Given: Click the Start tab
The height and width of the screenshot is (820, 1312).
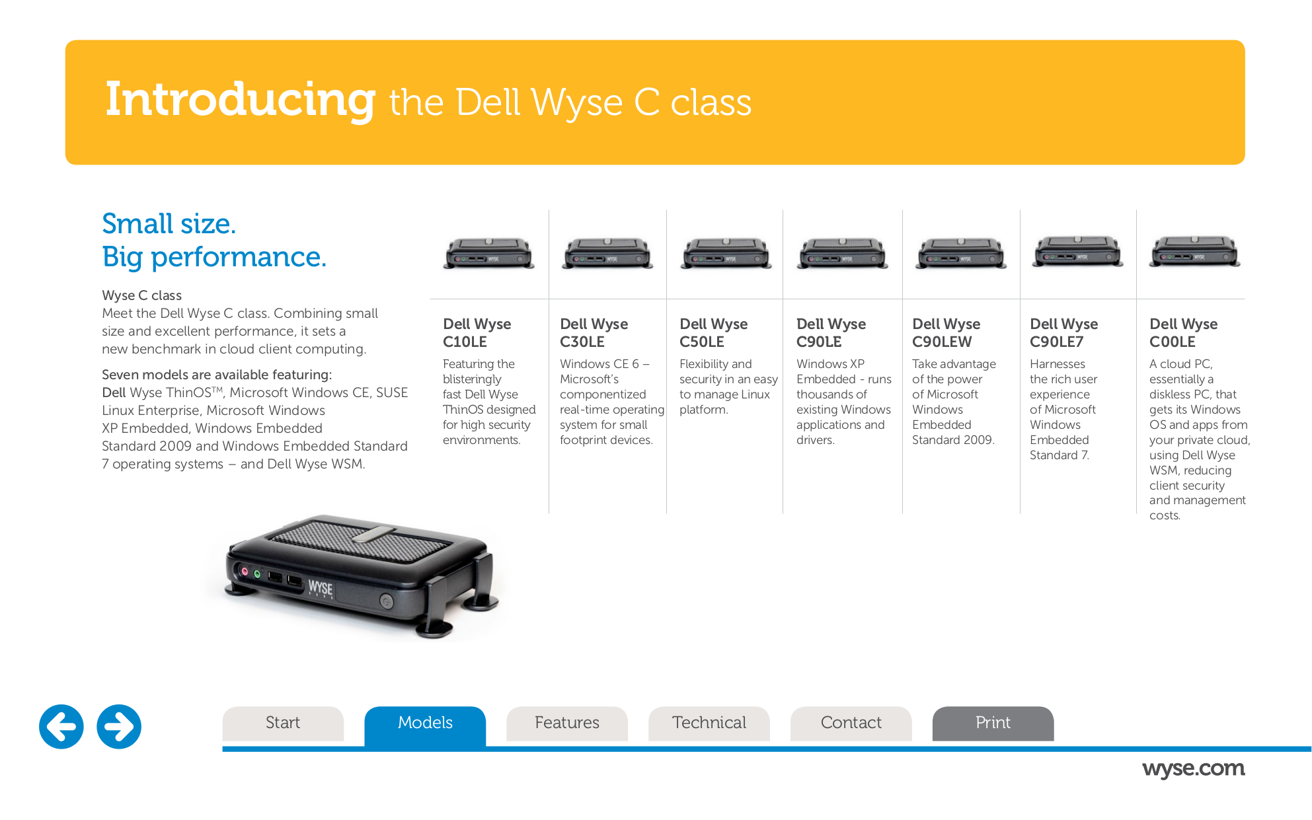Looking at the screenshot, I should (x=283, y=723).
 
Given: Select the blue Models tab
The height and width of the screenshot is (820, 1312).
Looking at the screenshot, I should (x=425, y=723).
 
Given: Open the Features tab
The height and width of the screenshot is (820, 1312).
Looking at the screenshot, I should (x=566, y=723).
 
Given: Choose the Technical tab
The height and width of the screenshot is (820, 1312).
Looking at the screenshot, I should (x=709, y=723).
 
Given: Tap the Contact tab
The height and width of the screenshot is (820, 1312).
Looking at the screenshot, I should (x=851, y=723).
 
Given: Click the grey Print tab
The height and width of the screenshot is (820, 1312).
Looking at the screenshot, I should (x=993, y=723).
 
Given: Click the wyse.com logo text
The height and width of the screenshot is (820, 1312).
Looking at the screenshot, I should (x=1193, y=768).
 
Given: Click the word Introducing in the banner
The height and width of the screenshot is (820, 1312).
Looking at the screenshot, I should (x=241, y=100).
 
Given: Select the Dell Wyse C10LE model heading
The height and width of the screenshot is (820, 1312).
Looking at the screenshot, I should (x=477, y=333).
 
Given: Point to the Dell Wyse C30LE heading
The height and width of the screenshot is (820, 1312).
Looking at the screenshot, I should (x=594, y=333).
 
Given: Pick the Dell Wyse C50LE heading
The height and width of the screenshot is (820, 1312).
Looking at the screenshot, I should (x=713, y=333).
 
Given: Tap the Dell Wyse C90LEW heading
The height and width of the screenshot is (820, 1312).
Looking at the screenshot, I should (x=946, y=333).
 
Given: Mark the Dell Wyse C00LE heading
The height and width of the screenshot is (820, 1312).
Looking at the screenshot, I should (x=1183, y=333).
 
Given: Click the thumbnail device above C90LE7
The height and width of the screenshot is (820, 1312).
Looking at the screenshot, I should (x=1078, y=252).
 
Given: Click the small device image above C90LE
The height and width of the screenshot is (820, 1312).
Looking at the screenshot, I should (x=842, y=254).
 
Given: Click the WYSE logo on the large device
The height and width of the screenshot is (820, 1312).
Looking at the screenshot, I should (x=321, y=587).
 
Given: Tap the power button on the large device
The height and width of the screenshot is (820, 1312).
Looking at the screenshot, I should (x=387, y=601).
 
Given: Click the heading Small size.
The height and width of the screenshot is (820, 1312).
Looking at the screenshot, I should (x=169, y=224).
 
